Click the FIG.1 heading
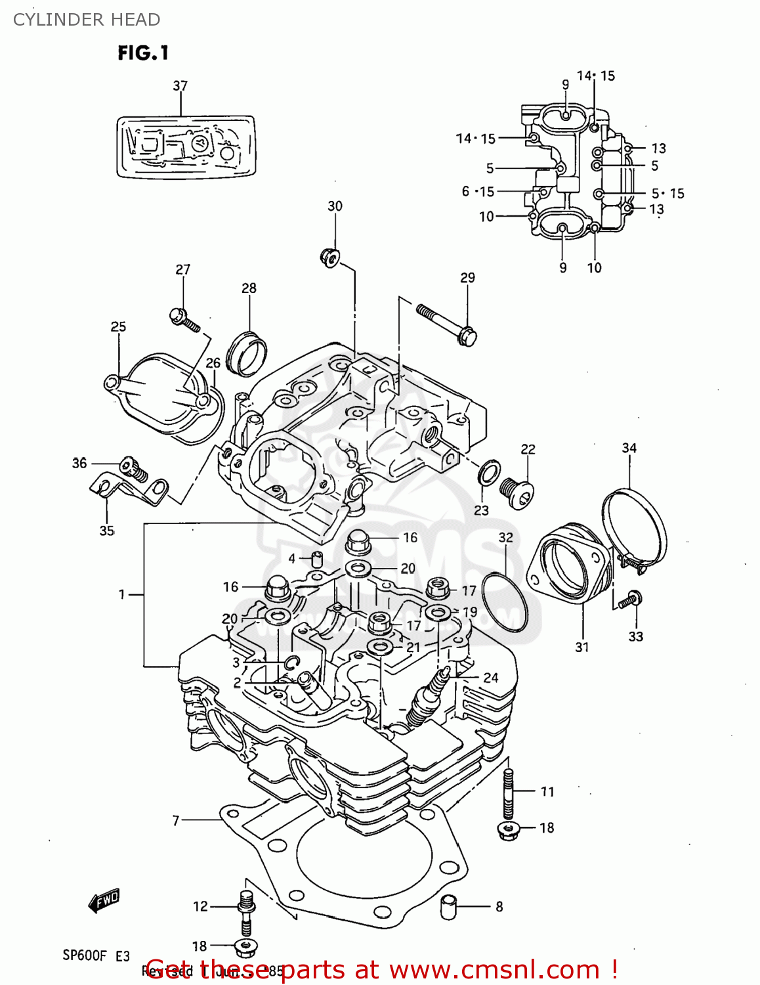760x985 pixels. click(x=143, y=53)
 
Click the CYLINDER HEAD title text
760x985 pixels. click(x=87, y=20)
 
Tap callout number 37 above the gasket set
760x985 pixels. click(x=180, y=86)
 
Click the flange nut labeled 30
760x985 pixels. click(x=329, y=257)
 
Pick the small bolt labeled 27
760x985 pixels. click(x=184, y=319)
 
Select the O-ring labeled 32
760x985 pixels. click(x=505, y=602)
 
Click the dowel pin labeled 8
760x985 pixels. click(x=448, y=908)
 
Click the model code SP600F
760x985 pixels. click(x=84, y=955)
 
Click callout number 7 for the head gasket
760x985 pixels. click(x=175, y=820)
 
